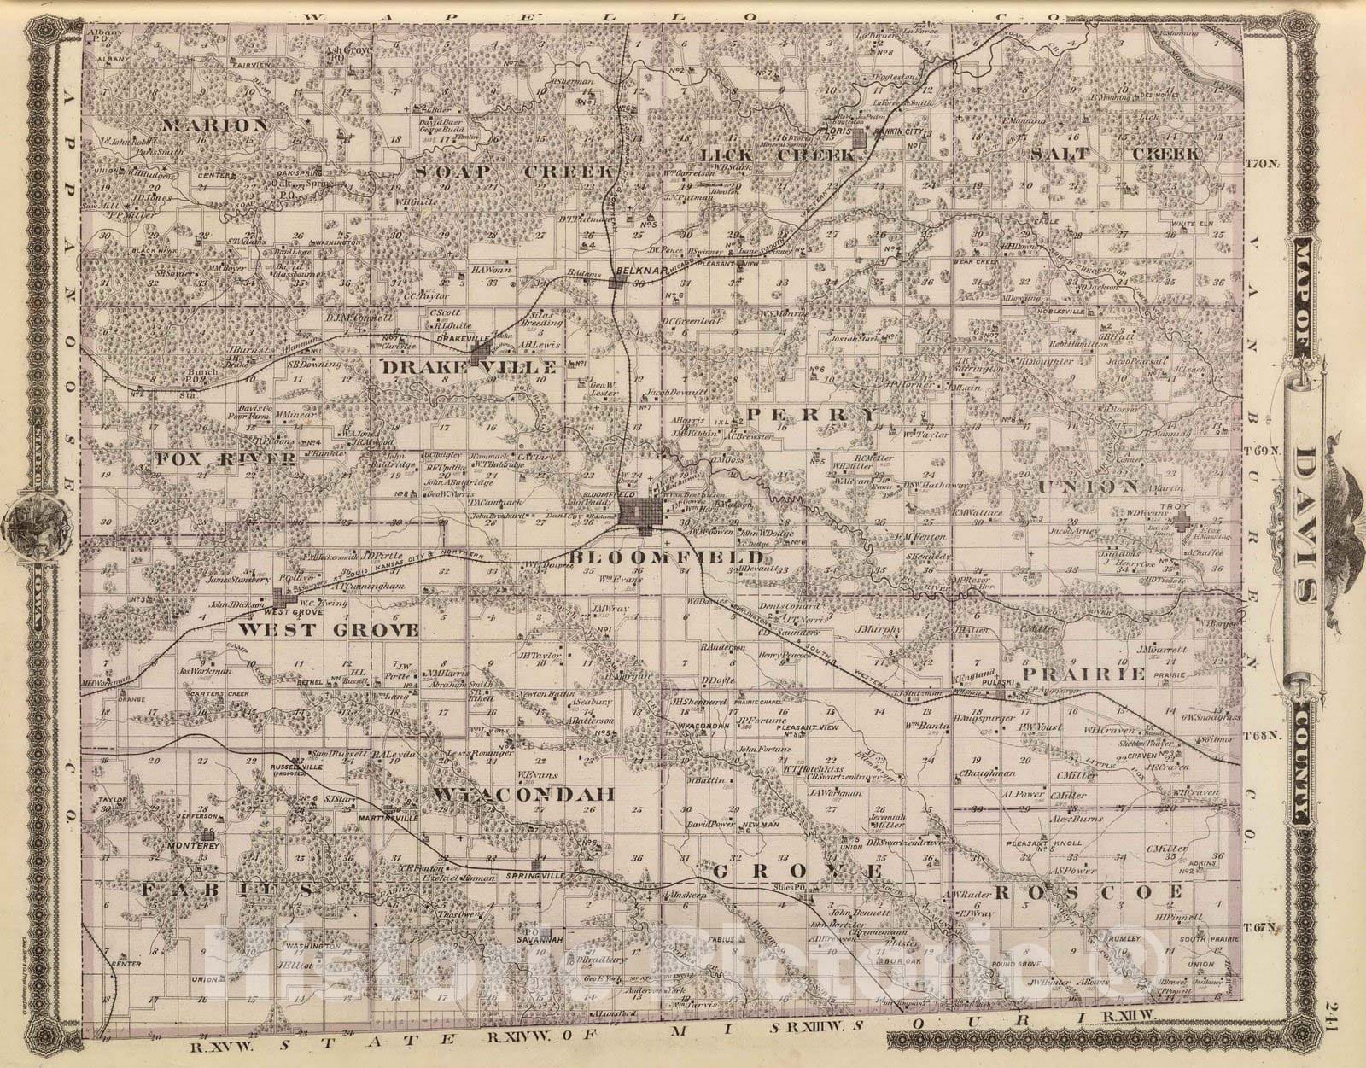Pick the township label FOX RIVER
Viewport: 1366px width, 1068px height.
(x=226, y=459)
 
